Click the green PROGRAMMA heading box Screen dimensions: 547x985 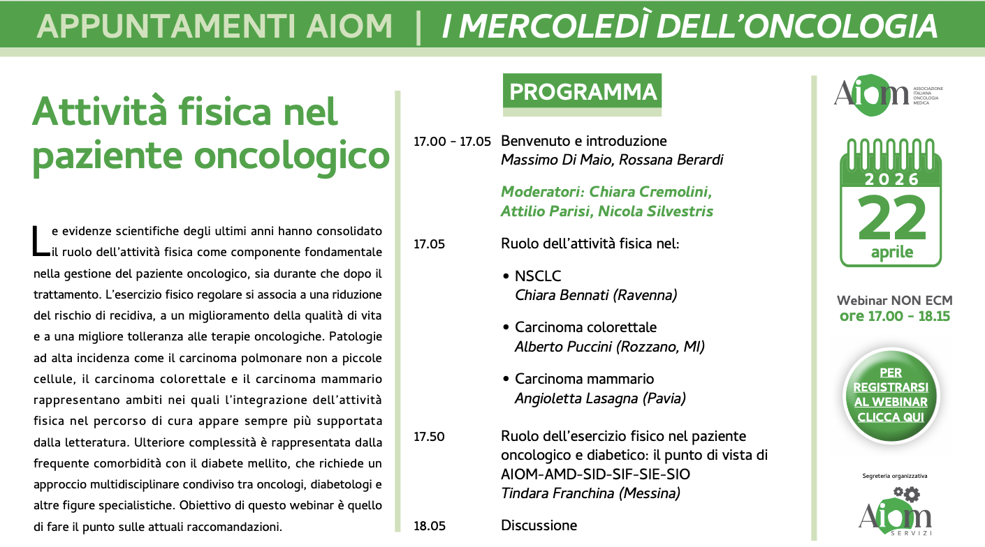coord(582,92)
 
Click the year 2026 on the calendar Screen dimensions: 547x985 coord(891,179)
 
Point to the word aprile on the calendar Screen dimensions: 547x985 coord(891,252)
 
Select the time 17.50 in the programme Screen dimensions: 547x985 coord(429,437)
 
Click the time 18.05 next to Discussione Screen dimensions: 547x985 coord(429,525)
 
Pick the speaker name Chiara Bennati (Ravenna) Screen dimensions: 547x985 coord(596,295)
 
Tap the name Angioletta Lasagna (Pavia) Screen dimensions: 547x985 coord(600,398)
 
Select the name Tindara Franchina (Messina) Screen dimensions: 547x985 coord(590,493)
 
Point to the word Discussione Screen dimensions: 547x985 coord(539,525)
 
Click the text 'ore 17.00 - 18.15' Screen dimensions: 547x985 coord(894,316)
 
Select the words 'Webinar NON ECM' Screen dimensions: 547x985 coord(894,301)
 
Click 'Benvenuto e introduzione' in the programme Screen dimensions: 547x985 coord(583,141)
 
